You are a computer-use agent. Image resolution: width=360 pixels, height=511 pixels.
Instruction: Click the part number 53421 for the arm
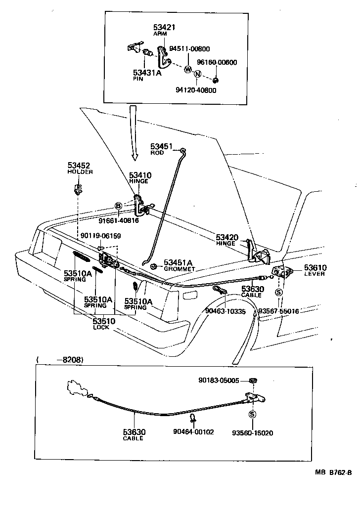coord(164,27)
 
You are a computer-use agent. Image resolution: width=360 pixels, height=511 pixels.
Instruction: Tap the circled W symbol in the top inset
coord(188,69)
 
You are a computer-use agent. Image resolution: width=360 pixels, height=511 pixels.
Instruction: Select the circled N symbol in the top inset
coord(197,75)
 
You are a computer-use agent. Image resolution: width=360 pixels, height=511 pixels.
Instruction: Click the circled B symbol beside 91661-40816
coord(118,206)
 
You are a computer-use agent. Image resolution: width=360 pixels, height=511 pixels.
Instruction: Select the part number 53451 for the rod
coord(161,146)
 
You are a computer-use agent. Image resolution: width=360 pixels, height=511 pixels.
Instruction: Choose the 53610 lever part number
coord(315,267)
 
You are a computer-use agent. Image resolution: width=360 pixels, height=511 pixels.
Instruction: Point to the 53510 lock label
coord(104,321)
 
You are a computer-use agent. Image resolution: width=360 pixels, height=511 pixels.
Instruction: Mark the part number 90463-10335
coord(225,312)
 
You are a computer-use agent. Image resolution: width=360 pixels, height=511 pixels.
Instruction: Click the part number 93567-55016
coord(278,312)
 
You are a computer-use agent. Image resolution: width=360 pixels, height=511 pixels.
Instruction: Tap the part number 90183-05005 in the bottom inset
coord(219,381)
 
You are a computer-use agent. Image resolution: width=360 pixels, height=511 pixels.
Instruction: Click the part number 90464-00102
coord(193,432)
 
